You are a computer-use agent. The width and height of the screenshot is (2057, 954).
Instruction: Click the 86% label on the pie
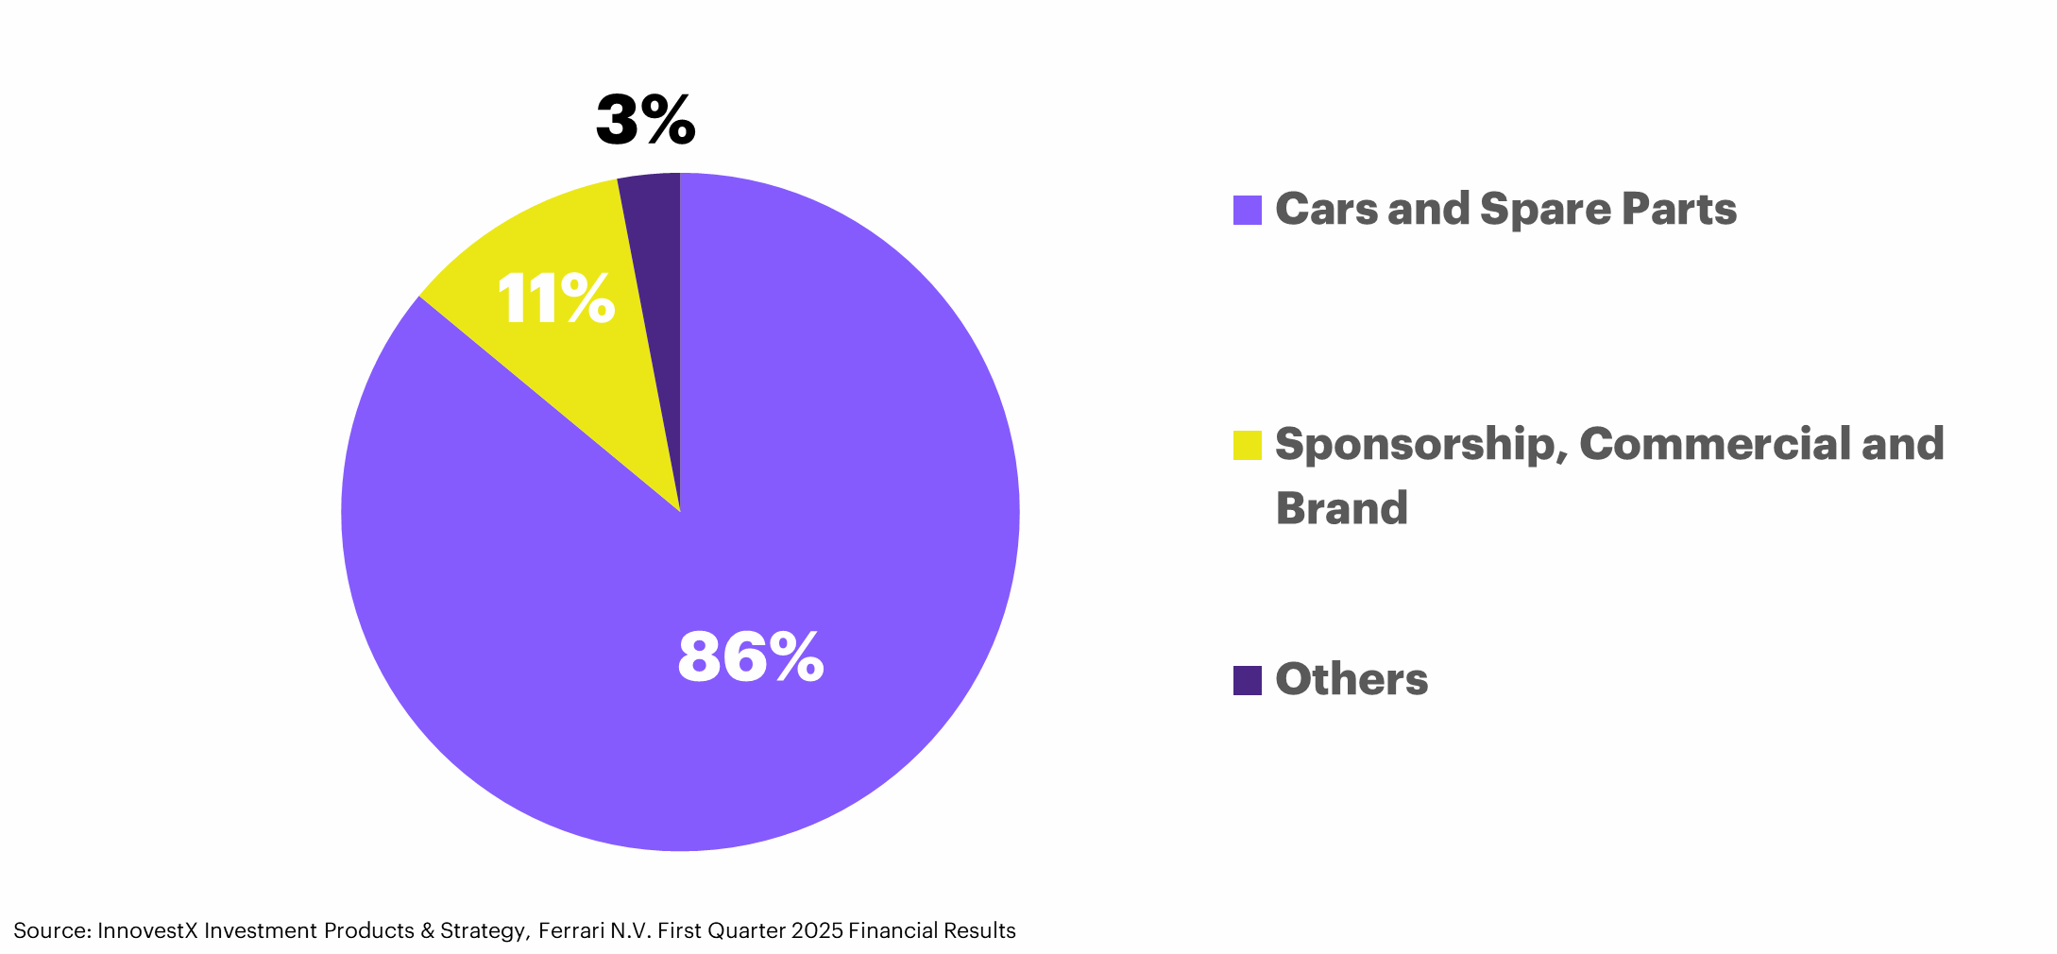tap(751, 657)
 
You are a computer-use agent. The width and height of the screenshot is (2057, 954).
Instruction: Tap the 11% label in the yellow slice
tap(555, 299)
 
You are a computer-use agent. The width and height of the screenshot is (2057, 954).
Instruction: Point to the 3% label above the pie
tap(646, 121)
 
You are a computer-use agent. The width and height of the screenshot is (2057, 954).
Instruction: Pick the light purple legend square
tap(1247, 210)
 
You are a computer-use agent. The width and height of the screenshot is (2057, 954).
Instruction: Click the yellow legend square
tap(1247, 445)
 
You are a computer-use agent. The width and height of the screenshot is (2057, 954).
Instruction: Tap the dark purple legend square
tap(1247, 680)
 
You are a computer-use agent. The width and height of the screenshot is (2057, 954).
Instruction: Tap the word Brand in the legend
tap(1341, 508)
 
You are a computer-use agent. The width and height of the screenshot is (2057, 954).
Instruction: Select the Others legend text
tap(1351, 679)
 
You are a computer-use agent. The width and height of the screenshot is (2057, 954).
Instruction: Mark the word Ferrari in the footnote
tap(571, 931)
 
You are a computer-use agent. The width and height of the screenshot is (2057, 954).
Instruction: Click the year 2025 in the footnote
tap(817, 931)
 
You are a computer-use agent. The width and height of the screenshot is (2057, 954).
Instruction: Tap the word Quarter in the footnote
tap(747, 931)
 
